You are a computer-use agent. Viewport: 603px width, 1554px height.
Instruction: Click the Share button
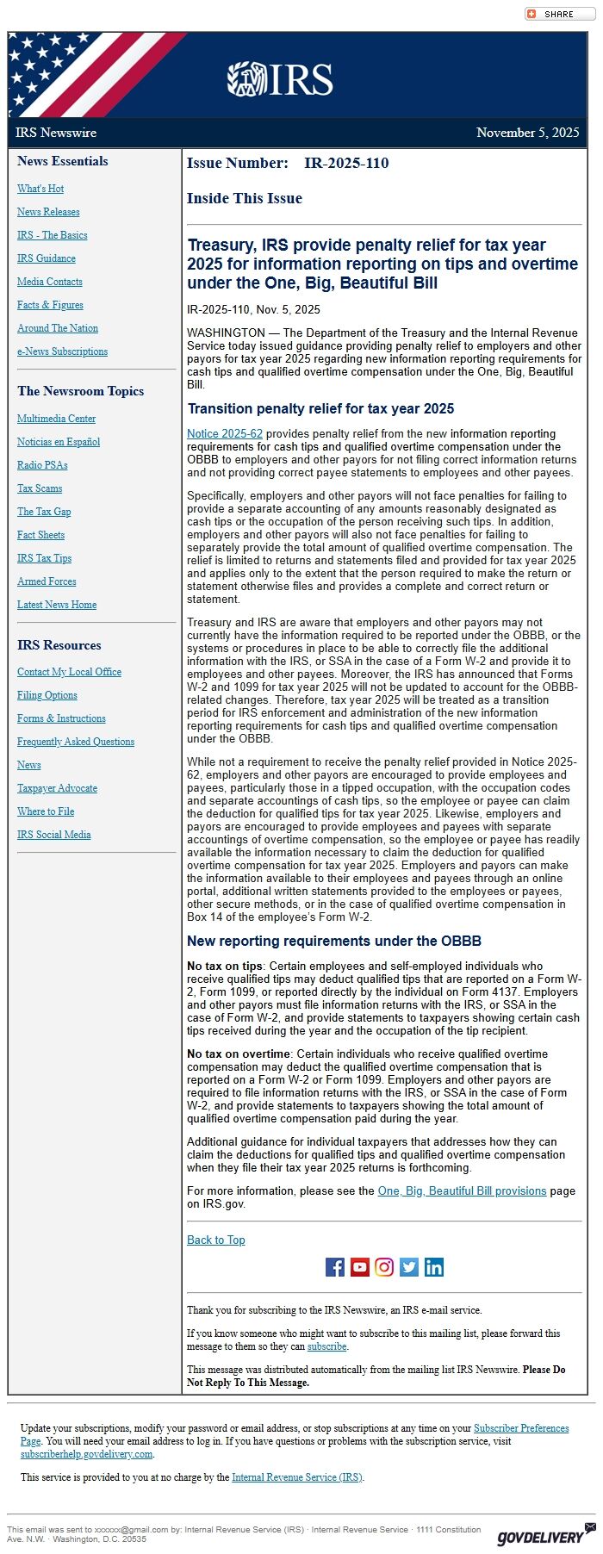point(551,14)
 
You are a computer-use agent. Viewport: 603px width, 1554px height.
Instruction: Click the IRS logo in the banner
point(280,79)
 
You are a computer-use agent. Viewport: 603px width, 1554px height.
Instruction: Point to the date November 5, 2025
point(527,133)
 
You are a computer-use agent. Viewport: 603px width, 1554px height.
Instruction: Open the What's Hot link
point(40,189)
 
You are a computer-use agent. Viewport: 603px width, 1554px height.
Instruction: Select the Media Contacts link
point(50,282)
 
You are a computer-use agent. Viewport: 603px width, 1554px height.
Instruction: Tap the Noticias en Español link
point(59,442)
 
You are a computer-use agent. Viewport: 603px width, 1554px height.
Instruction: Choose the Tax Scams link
point(40,488)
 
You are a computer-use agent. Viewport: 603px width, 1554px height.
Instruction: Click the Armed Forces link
point(47,581)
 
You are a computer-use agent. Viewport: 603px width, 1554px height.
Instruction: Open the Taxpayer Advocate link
point(57,788)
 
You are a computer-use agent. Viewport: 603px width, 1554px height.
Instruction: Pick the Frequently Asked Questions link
point(76,742)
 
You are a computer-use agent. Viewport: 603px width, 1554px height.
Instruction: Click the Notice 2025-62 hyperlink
point(225,434)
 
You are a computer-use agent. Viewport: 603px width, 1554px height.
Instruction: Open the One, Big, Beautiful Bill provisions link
point(462,1190)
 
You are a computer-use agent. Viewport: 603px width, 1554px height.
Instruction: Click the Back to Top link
point(216,1240)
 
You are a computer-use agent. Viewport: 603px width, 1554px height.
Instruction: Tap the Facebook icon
point(335,1266)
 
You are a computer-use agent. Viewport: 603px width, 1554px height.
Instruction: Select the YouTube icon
point(360,1266)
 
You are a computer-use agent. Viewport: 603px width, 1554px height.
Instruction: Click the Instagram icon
point(384,1266)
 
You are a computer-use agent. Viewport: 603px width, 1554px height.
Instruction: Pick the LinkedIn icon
point(434,1266)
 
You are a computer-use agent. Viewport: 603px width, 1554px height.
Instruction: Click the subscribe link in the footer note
point(327,1346)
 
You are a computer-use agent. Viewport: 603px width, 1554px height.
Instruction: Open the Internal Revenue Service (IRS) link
point(297,1477)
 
